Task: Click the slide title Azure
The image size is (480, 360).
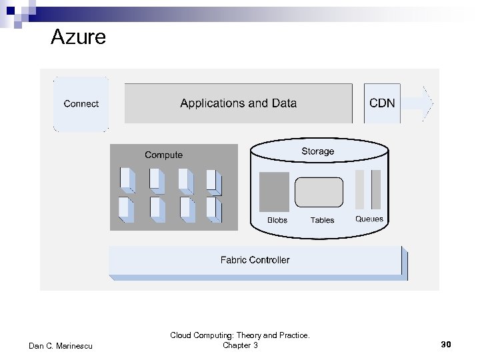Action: pos(78,37)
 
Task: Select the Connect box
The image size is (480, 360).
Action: pos(81,103)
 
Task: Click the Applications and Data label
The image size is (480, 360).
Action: pos(238,103)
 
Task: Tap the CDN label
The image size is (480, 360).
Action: pos(382,103)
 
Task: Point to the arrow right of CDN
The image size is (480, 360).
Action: pos(419,103)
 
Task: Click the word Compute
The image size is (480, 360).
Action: pos(163,155)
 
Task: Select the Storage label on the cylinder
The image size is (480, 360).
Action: pos(317,151)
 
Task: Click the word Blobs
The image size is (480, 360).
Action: pos(277,220)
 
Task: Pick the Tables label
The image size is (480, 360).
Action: pos(322,220)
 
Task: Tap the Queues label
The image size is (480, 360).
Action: pos(369,219)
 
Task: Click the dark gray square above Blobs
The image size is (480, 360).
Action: pos(274,191)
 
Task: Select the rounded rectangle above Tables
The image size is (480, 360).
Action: pos(319,192)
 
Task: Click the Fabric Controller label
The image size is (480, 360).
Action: pos(255,260)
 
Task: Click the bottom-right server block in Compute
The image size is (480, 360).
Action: pos(213,209)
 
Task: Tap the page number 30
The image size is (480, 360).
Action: pos(446,345)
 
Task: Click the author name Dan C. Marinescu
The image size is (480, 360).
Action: pos(61,345)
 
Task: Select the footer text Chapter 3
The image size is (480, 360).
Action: pos(240,345)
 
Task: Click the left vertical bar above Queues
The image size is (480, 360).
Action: pos(360,189)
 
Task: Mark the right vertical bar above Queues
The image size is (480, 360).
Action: pos(376,189)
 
